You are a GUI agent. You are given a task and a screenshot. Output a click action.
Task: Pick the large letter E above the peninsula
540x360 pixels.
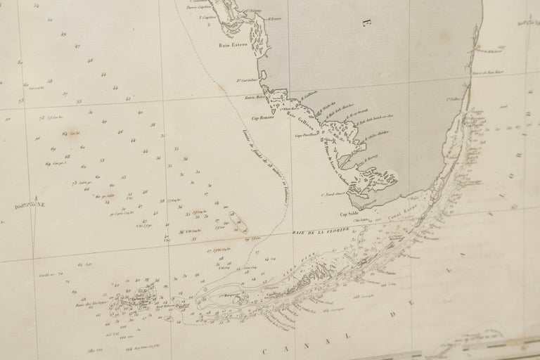(366, 24)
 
